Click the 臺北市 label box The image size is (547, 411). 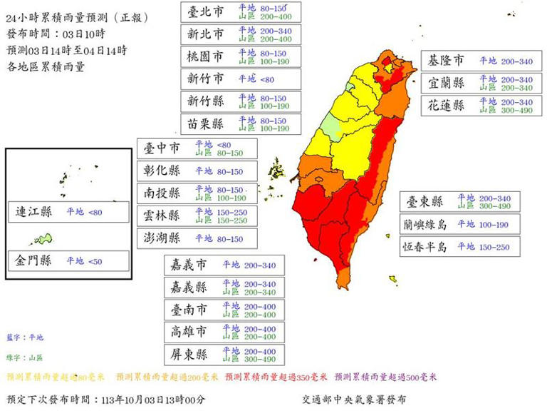[205, 11]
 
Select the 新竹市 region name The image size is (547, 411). [205, 78]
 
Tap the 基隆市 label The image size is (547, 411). [446, 61]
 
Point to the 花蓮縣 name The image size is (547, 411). [446, 106]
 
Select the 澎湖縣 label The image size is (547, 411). [161, 238]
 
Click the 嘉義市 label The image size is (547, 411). [188, 265]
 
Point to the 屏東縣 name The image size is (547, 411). [188, 354]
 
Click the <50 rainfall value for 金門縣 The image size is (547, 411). [95, 262]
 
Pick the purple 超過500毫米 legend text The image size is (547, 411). [385, 377]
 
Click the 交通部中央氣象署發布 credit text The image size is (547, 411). [355, 400]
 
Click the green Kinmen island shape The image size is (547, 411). [45, 238]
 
